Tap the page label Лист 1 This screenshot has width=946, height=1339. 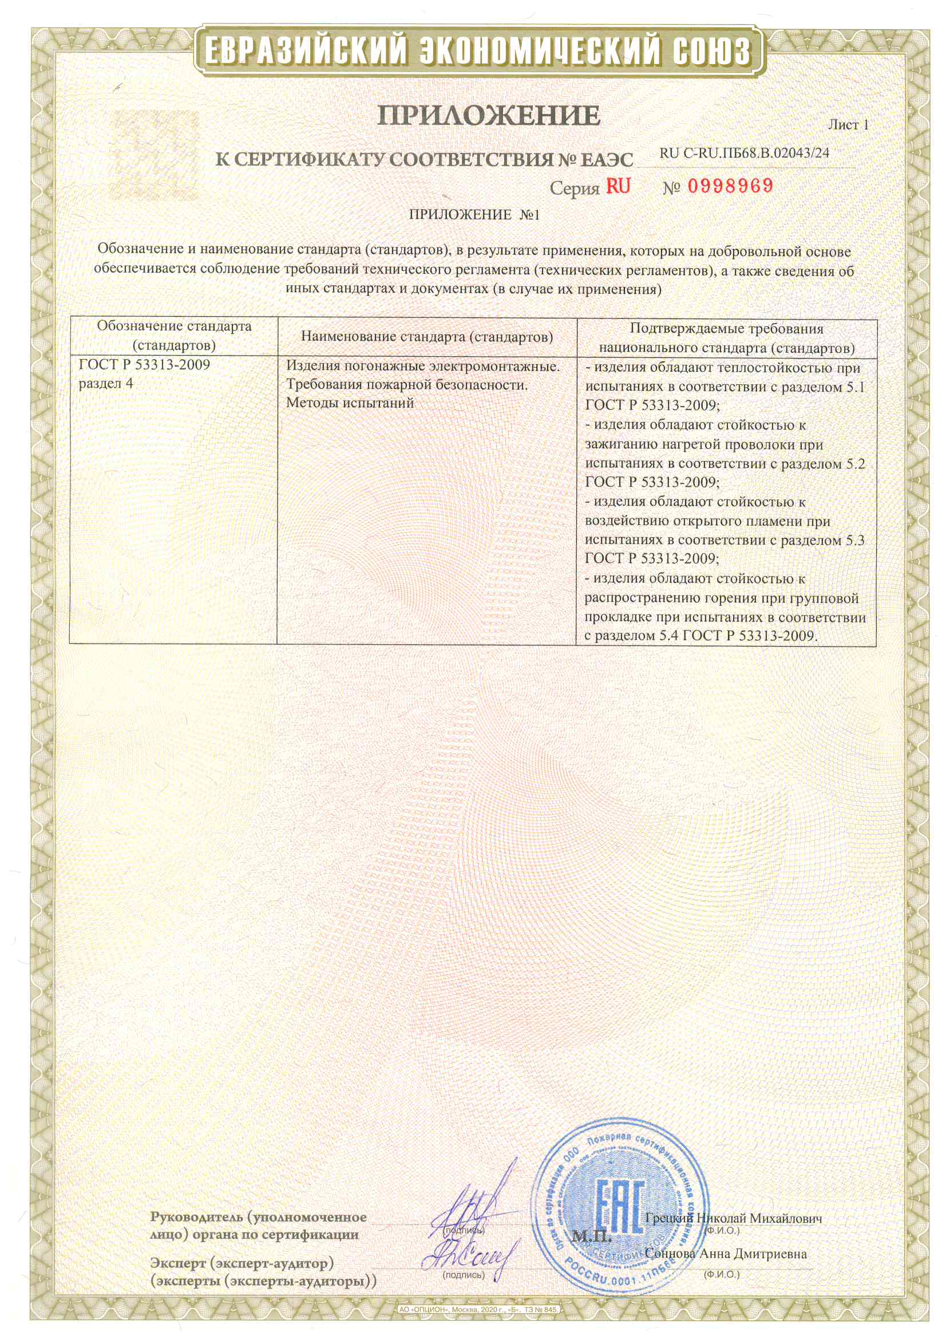[x=848, y=125]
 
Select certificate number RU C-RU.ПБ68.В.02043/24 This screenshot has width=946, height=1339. [x=744, y=153]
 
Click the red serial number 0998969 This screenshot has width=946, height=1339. [x=730, y=186]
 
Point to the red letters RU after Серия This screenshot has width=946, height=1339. [x=618, y=186]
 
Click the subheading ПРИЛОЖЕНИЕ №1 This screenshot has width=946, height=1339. [x=474, y=215]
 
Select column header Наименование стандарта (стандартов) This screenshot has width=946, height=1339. [x=427, y=337]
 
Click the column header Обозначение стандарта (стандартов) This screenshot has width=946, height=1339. [x=174, y=336]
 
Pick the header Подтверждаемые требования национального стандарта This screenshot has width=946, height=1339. [x=726, y=338]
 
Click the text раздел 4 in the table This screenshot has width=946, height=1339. [x=105, y=384]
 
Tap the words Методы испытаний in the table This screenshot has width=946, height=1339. [x=350, y=403]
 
